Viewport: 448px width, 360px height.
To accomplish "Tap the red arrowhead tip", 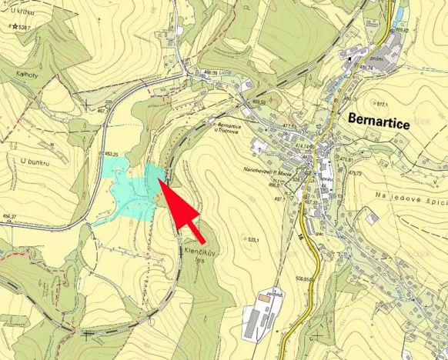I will tap(159, 179).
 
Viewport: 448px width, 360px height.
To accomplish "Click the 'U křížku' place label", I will tap(23, 11).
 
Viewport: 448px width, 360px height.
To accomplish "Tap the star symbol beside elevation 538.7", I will tap(15, 27).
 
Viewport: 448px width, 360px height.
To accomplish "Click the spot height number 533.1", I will tap(252, 241).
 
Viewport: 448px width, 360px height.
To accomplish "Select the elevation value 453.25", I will tap(111, 154).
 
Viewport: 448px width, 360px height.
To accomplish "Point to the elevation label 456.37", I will tap(9, 216).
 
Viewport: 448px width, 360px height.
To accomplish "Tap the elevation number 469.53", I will tap(258, 102).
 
